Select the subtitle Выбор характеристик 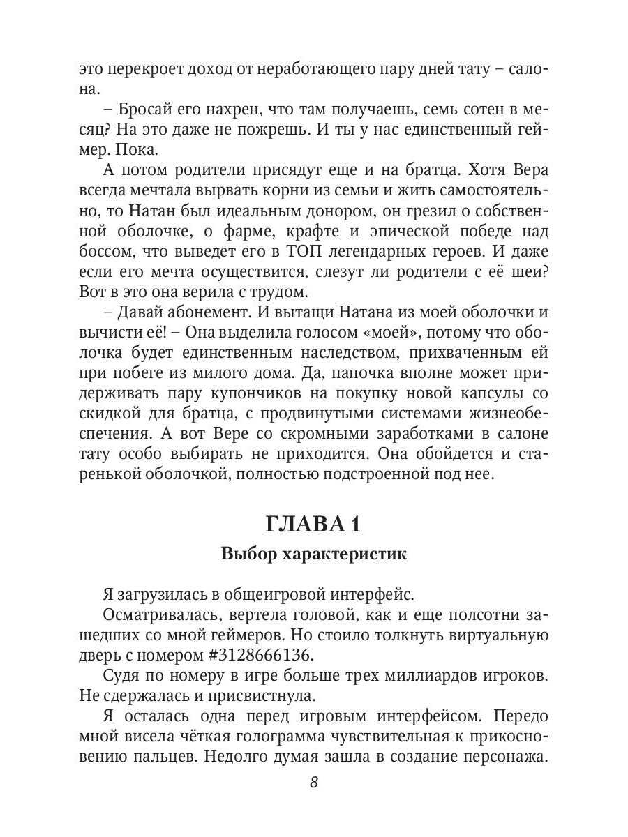[313, 555]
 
